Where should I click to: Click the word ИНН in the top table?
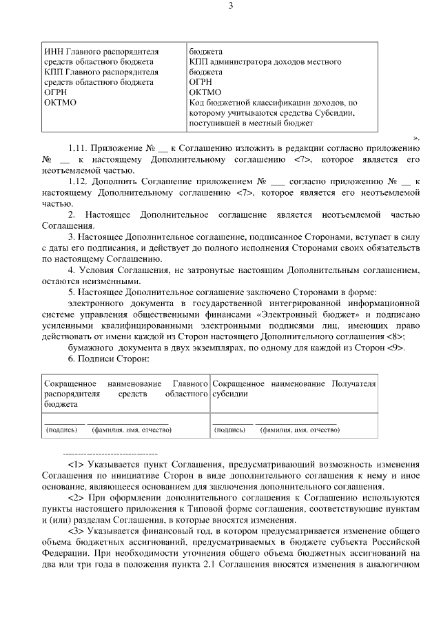[52, 52]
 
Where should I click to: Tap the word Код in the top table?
[198, 103]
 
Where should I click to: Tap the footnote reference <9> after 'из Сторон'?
[396, 348]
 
